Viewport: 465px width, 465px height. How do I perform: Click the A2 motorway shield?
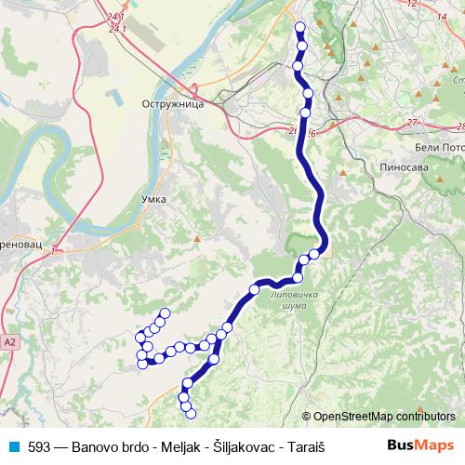9,342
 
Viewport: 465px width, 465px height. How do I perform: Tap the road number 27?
412,123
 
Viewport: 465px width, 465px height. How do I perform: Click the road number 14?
441,16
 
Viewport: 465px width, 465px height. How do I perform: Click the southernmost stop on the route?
192,411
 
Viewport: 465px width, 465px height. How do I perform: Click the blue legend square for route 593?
11,445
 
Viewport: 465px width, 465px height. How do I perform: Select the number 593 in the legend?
40,445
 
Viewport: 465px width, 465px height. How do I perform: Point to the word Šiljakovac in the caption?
244,445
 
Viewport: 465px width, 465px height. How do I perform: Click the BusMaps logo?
419,445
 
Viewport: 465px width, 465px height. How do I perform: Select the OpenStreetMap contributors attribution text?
384,417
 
